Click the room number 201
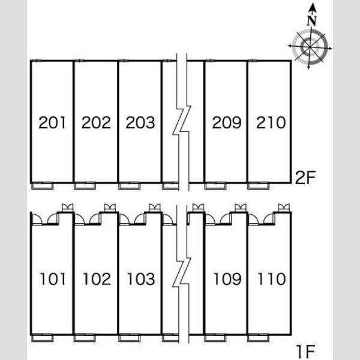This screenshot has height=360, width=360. click(52, 122)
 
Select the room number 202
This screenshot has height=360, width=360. click(96, 122)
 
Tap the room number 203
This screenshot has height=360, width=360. click(140, 122)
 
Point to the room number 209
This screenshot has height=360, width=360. click(227, 122)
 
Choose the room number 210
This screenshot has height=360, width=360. click(271, 122)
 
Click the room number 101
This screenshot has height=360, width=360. click(53, 279)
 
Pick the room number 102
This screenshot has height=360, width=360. click(97, 279)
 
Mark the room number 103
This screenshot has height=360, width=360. click(141, 279)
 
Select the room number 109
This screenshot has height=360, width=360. click(227, 279)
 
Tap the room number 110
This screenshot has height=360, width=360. click(272, 279)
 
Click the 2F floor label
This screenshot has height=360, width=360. click(305, 178)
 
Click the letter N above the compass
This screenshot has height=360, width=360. click(311, 21)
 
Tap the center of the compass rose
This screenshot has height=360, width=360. click(310, 47)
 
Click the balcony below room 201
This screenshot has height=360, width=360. click(43, 186)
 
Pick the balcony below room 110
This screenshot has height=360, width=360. click(258, 338)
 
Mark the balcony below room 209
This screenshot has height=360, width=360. click(215, 186)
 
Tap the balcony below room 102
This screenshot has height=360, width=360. click(85, 338)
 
